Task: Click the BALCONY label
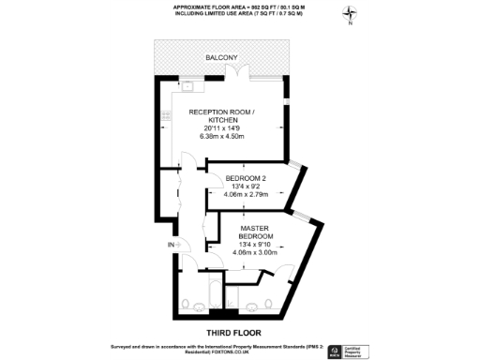pos(222,59)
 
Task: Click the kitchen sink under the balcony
pos(187,86)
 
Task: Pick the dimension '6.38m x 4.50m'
pos(222,137)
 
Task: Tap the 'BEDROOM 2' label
pos(248,177)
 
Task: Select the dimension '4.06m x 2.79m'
pos(248,195)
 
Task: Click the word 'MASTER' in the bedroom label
pos(255,228)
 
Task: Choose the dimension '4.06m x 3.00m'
pos(255,253)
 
